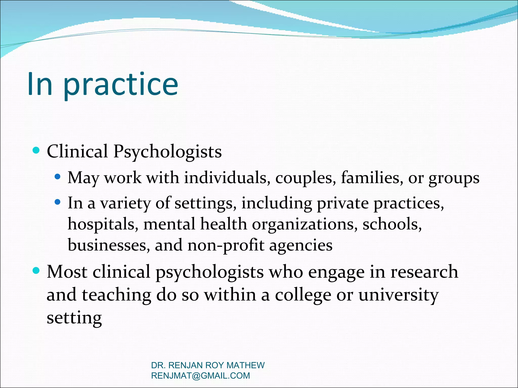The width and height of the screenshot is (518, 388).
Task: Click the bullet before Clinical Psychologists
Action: pyautogui.click(x=36, y=151)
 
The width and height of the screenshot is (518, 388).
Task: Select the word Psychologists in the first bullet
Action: pyautogui.click(x=167, y=152)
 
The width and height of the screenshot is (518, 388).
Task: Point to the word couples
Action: pyautogui.click(x=306, y=178)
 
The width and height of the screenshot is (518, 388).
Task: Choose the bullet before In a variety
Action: pyautogui.click(x=58, y=202)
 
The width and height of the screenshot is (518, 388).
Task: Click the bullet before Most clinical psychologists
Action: pyautogui.click(x=36, y=271)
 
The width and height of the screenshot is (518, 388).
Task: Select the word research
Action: pyautogui.click(x=424, y=272)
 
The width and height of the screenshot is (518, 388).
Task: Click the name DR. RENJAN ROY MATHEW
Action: pyautogui.click(x=208, y=365)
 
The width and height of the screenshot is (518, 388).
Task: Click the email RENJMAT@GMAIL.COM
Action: pyautogui.click(x=200, y=376)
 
